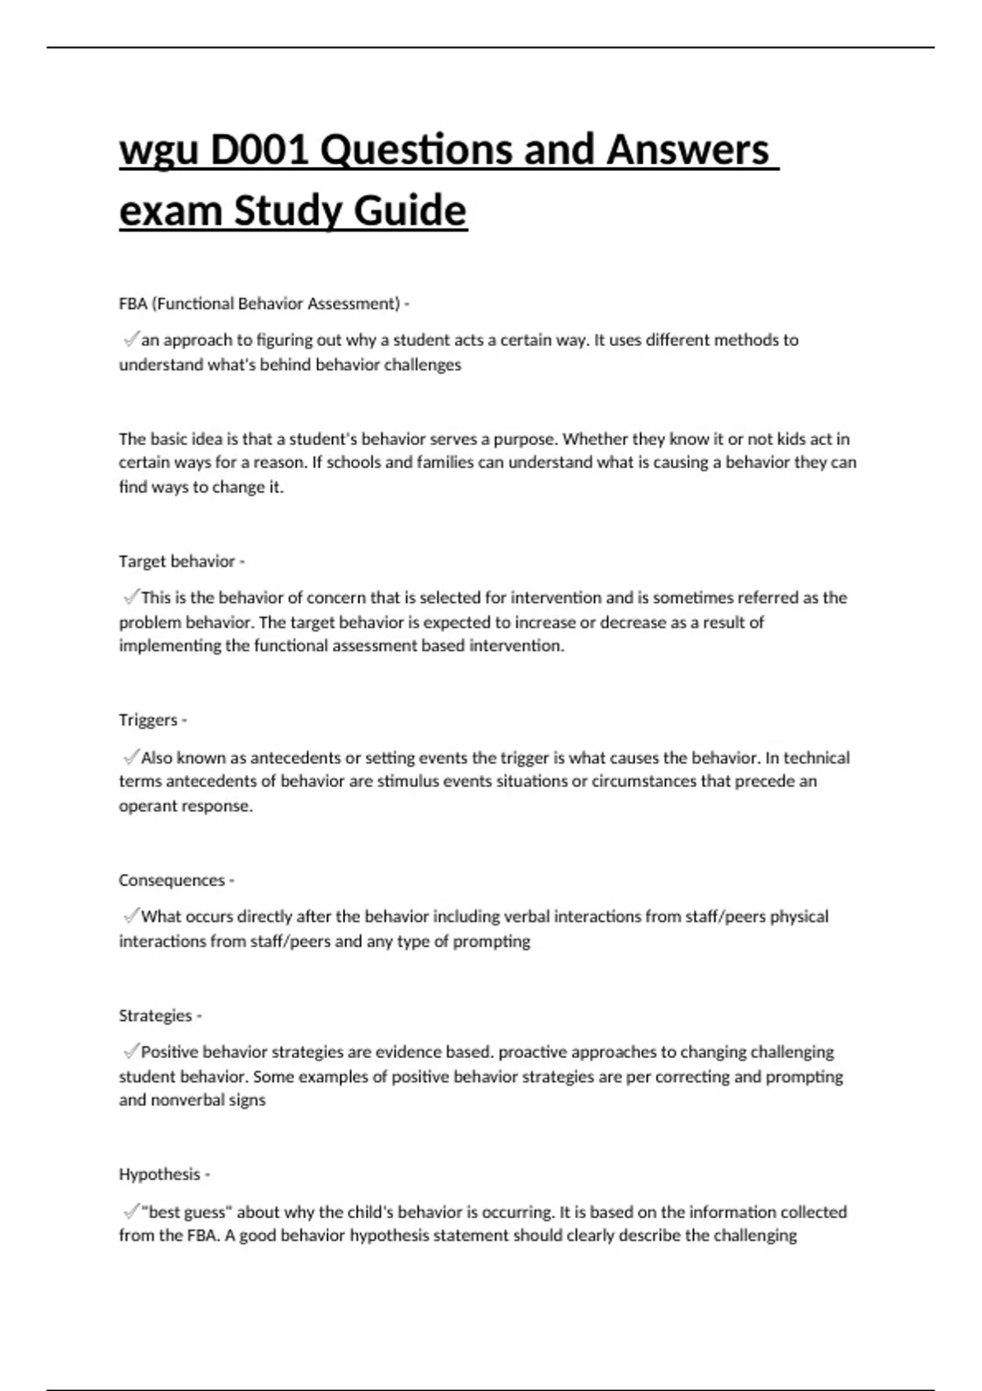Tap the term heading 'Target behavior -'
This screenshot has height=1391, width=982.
[x=182, y=561]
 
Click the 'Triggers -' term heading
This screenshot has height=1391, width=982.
[x=153, y=720]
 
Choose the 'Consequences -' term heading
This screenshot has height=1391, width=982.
[x=177, y=880]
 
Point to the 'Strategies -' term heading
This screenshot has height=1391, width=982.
[x=160, y=1015]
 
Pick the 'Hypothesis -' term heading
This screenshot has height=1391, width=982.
[x=164, y=1174]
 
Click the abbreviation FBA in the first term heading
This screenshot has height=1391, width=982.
[x=133, y=304]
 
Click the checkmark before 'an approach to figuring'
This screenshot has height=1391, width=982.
[x=129, y=339]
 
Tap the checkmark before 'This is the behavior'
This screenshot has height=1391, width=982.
[x=129, y=596]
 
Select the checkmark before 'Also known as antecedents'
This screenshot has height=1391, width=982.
[x=129, y=757]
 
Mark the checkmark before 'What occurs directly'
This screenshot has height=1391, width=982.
[x=129, y=916]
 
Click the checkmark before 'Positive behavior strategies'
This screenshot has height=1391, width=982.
[x=129, y=1051]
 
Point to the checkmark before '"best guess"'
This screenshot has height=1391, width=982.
[x=129, y=1211]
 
